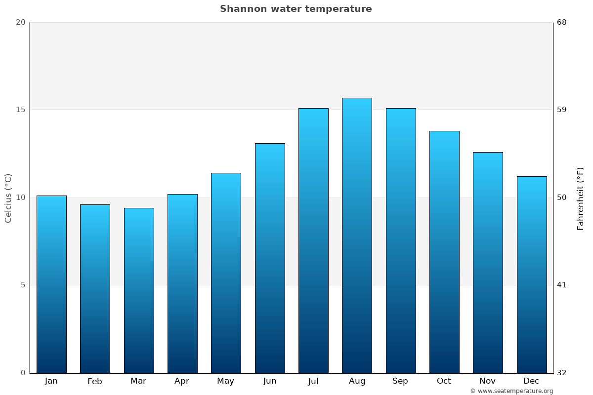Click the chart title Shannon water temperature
[296, 9]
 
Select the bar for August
[357, 235]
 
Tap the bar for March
[139, 290]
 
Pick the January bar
[51, 284]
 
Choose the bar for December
[532, 275]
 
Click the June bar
[270, 258]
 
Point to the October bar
[444, 252]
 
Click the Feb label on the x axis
[95, 381]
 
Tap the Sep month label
[400, 381]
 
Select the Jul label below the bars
[313, 381]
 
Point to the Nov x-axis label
[488, 381]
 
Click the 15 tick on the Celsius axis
[20, 110]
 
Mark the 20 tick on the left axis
[20, 22]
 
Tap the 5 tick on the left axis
[23, 285]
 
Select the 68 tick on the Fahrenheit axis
[562, 22]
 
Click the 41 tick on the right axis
[561, 285]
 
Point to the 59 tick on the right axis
[562, 110]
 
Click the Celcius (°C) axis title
[8, 198]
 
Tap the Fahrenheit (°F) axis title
[581, 198]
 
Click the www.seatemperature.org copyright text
[511, 391]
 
